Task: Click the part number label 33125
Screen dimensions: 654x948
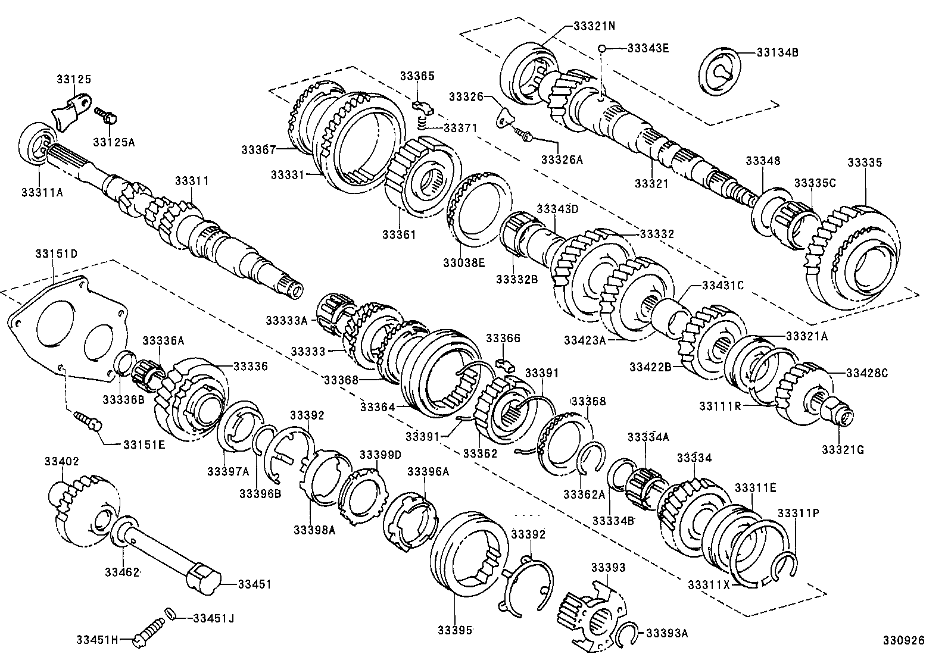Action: point(74,79)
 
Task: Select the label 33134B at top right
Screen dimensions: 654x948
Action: point(777,52)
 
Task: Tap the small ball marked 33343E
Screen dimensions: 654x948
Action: point(603,48)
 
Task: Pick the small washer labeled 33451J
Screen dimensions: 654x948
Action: point(170,613)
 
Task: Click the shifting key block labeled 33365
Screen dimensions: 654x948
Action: point(423,108)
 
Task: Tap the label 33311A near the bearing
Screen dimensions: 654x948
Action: point(42,192)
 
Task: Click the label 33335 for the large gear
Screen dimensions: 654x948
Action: point(865,162)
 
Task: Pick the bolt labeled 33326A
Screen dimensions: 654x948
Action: point(523,135)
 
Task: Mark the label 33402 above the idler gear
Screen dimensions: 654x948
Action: point(61,461)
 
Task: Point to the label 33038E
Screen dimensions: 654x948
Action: point(464,262)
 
